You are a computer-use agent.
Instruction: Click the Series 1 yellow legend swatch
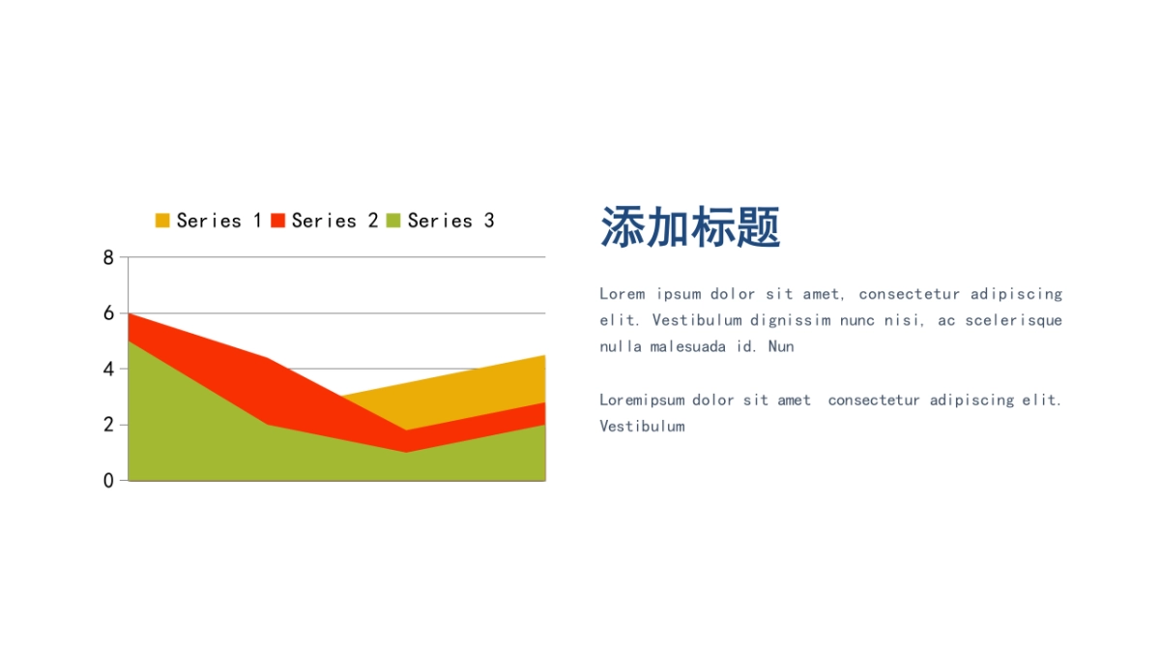pyautogui.click(x=162, y=221)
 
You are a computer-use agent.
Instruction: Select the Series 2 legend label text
pyautogui.click(x=334, y=221)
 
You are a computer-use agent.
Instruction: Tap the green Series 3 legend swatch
pyautogui.click(x=393, y=221)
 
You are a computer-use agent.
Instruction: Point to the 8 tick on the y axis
pyautogui.click(x=108, y=257)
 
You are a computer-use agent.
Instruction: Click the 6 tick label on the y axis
pyautogui.click(x=108, y=313)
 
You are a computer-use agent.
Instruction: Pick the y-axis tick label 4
pyautogui.click(x=108, y=369)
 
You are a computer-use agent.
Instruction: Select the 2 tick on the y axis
pyautogui.click(x=108, y=425)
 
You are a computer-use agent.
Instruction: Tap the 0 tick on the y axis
pyautogui.click(x=108, y=480)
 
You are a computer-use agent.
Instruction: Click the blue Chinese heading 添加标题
pyautogui.click(x=690, y=227)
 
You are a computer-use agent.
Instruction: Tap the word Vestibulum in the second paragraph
pyautogui.click(x=642, y=426)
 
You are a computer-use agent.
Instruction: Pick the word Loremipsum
pyautogui.click(x=642, y=400)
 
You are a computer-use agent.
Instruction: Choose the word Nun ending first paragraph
pyautogui.click(x=781, y=346)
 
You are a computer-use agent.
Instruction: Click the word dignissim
pyautogui.click(x=790, y=320)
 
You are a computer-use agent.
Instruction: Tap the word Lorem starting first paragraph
pyautogui.click(x=622, y=294)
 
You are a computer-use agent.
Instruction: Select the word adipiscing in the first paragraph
pyautogui.click(x=1016, y=294)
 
